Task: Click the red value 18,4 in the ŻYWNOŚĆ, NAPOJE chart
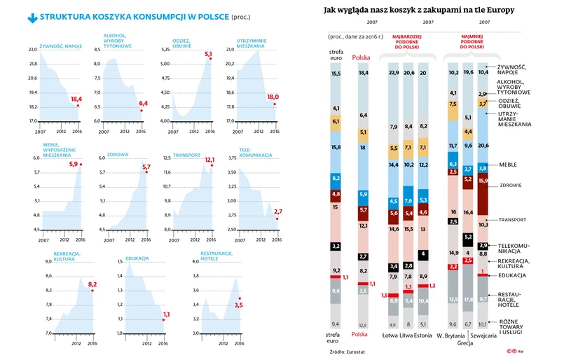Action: tap(76, 99)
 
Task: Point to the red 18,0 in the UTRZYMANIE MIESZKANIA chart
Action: tap(273, 97)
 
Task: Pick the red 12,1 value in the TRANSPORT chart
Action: tap(209, 160)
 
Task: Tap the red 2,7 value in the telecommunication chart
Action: tap(278, 212)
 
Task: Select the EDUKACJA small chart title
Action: tap(137, 258)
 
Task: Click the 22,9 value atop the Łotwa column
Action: tap(394, 73)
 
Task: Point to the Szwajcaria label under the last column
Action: tap(485, 335)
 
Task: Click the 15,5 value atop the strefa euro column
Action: tap(336, 73)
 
